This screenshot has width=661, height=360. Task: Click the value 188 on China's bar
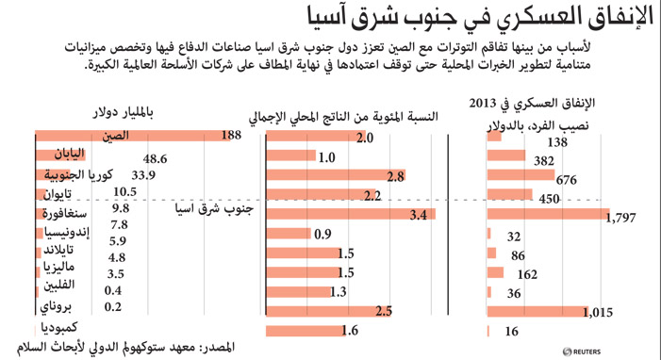click(231, 135)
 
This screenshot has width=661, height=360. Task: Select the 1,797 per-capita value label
click(620, 218)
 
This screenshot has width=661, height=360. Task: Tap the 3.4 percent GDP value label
click(419, 215)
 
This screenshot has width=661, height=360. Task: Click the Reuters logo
click(582, 352)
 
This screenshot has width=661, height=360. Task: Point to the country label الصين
click(115, 136)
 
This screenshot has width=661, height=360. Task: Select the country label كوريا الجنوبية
click(78, 174)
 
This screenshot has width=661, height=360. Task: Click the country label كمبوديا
click(59, 328)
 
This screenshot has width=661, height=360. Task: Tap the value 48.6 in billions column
click(156, 159)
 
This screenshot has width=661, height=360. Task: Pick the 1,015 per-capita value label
click(598, 312)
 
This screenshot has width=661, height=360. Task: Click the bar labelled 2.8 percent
click(336, 175)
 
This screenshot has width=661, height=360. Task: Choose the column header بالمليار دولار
click(124, 112)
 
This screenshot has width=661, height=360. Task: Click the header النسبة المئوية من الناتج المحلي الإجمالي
click(343, 117)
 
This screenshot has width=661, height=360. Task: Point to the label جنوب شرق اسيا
click(214, 208)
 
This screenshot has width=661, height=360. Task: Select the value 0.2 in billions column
click(113, 306)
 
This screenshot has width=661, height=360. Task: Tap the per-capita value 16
click(512, 332)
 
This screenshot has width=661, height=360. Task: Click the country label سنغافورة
click(64, 214)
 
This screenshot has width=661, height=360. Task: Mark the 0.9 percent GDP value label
click(322, 234)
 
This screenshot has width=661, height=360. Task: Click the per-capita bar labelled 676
click(521, 174)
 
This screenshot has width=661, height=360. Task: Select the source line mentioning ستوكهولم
click(125, 348)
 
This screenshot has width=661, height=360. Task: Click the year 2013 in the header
click(483, 104)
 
